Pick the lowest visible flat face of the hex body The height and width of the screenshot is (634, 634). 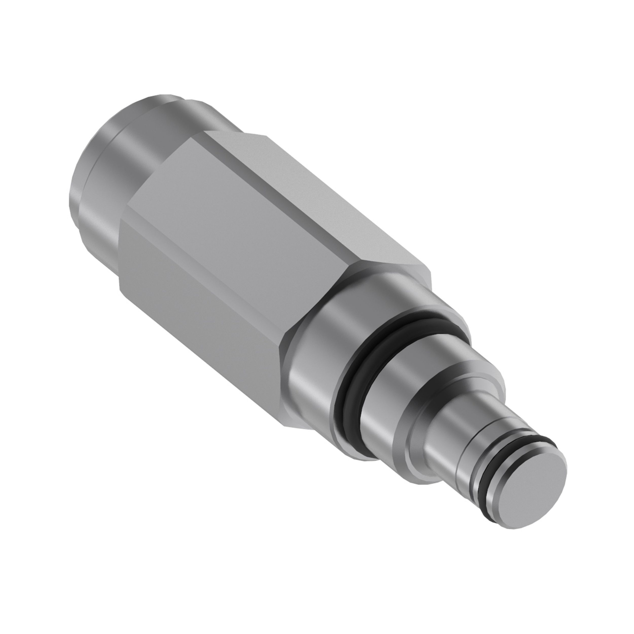coord(197,331)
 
